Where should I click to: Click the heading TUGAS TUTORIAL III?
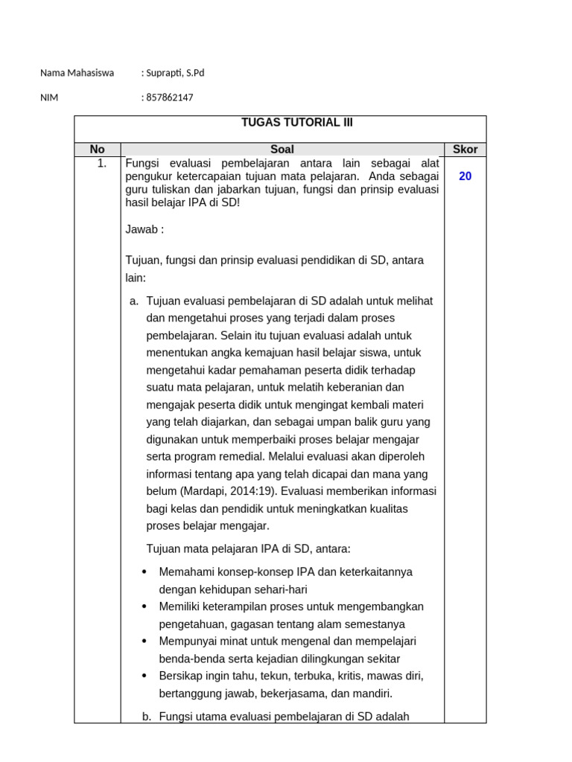[x=296, y=124]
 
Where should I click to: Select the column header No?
[x=97, y=150]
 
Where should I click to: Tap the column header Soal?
[x=282, y=150]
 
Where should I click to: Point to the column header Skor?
[x=465, y=150]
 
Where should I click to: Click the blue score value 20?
[x=465, y=176]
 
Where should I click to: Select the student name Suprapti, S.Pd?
[x=174, y=73]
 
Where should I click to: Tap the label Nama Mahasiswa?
[x=77, y=73]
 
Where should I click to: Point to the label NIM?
[x=49, y=97]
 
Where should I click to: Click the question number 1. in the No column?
[x=102, y=163]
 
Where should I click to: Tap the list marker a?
[x=134, y=301]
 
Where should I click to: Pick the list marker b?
[x=146, y=717]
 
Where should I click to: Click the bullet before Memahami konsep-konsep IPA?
[x=144, y=572]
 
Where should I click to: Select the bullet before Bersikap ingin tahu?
[x=144, y=676]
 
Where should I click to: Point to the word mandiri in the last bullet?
[x=372, y=694]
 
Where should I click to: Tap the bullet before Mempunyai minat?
[x=144, y=641]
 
